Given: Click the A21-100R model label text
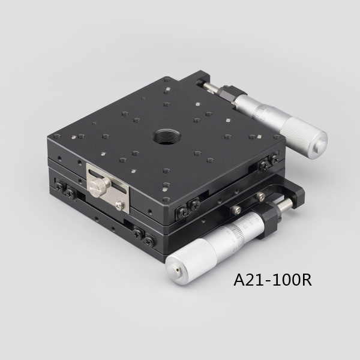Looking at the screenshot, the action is coord(272,280).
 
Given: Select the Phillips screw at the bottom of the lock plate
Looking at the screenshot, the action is coord(119,205).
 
